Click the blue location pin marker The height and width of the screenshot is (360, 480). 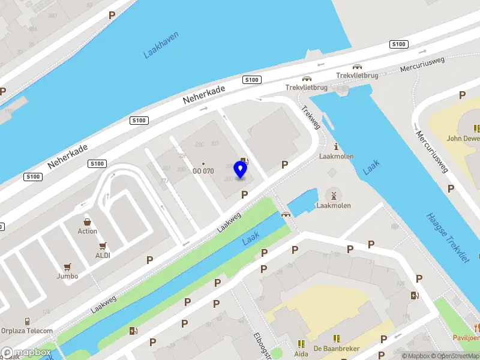click(241, 170)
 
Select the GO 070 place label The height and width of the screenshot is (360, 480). click(203, 171)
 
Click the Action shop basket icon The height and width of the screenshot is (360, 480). click(88, 221)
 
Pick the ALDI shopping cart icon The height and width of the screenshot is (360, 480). click(103, 245)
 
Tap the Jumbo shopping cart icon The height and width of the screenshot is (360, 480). click(67, 267)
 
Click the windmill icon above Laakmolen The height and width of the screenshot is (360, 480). click(333, 194)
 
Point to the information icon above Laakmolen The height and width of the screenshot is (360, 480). click(336, 146)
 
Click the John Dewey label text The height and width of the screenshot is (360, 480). click(463, 138)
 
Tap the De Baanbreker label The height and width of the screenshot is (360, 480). click(337, 348)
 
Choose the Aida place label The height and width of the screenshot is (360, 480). click(301, 354)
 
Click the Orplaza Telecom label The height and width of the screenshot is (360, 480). click(27, 331)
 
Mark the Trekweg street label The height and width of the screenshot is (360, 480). click(312, 117)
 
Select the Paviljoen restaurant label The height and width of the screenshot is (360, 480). click(467, 338)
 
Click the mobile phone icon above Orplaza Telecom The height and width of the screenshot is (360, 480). click(27, 321)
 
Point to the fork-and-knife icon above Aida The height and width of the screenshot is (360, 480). click(301, 344)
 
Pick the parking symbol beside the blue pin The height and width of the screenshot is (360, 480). click(244, 194)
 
